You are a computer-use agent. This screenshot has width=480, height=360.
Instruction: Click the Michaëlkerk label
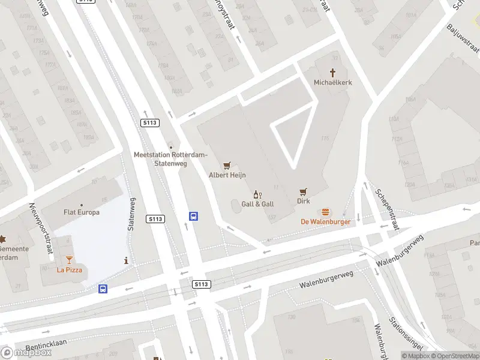332,82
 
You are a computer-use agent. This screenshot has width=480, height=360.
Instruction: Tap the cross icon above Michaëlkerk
332,71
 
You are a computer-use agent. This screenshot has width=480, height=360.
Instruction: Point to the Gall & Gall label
257,204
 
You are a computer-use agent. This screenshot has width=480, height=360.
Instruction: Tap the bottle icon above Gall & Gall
257,194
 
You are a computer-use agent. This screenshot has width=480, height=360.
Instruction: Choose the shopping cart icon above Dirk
304,192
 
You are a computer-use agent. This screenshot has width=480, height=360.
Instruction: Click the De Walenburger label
325,221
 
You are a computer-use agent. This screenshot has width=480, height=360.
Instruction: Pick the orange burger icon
325,211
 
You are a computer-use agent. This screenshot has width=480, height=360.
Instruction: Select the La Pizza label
69,269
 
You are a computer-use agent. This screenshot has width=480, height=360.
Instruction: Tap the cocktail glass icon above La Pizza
69,259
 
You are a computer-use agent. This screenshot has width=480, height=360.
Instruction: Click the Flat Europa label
82,212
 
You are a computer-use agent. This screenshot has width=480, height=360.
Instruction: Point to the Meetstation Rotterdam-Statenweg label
171,158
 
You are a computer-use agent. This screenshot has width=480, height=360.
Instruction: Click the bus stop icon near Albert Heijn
193,217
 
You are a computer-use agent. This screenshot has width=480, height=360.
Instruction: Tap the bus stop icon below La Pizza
103,289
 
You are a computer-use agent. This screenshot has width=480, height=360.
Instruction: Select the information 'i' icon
125,260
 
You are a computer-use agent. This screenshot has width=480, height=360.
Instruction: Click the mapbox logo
27,352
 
